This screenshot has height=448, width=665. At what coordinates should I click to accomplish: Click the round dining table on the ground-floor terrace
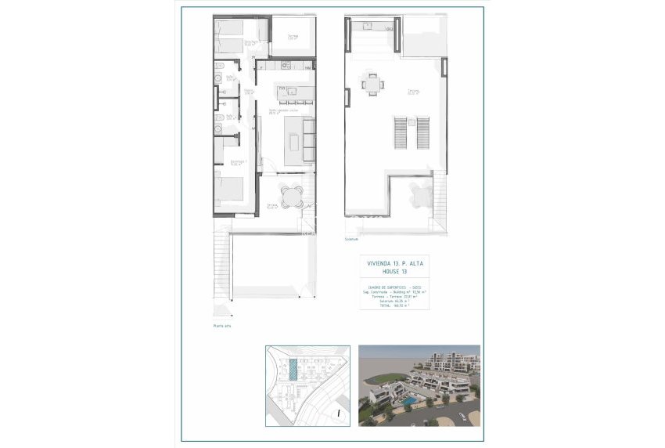click(x=291, y=195)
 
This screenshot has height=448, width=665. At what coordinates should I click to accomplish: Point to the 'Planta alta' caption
click(x=222, y=324)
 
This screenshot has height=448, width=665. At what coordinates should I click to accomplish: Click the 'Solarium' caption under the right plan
click(x=351, y=240)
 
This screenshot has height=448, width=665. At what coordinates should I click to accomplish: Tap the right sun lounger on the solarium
click(x=422, y=131)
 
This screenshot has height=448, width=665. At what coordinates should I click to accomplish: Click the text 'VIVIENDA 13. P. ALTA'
click(x=389, y=264)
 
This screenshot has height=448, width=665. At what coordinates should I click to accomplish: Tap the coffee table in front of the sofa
click(x=293, y=142)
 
